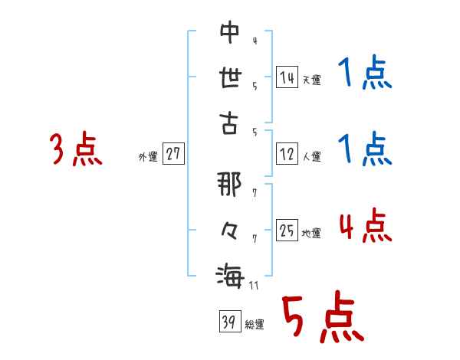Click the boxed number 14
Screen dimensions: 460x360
point(287,77)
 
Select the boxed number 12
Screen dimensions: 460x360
point(287,154)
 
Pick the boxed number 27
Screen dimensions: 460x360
point(173,154)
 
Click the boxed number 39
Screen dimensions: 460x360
point(228,322)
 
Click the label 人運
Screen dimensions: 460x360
point(311,157)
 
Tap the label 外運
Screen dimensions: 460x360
point(147,157)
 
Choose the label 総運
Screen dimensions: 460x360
point(255,325)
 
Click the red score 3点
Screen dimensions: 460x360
point(76,149)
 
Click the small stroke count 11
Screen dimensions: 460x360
point(253,286)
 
